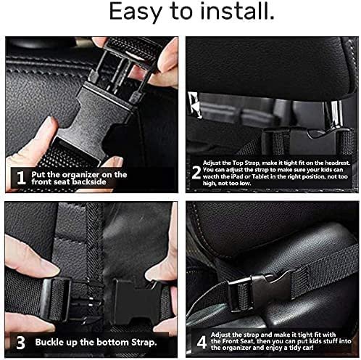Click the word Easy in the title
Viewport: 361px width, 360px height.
pos(136,12)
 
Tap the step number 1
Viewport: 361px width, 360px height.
pos(21,179)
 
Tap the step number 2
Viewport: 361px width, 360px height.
pos(196,173)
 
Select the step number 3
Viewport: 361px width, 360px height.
pos(20,343)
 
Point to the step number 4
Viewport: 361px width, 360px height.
pos(202,342)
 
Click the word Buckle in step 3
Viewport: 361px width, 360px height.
pos(47,343)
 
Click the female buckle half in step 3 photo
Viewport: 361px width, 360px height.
pos(136,302)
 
